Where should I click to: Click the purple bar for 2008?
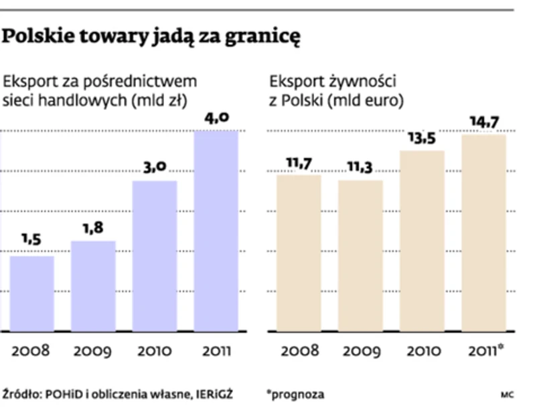31,293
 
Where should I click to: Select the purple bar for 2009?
93,286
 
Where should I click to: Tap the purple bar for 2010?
155,256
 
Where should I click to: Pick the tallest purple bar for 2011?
216,230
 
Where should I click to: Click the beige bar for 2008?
299,253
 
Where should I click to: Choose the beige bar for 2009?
360,255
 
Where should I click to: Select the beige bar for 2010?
422,241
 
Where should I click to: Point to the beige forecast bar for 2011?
483,232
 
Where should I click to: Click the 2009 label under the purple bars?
92,351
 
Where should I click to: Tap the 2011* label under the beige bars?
486,351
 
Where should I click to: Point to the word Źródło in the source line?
21,393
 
